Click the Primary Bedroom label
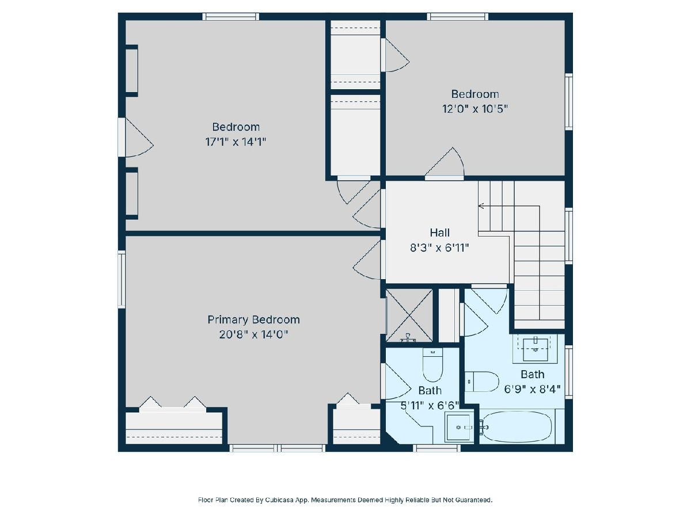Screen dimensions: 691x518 (x=253, y=319)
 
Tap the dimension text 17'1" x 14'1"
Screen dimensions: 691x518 (x=236, y=142)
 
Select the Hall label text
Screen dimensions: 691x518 (x=440, y=233)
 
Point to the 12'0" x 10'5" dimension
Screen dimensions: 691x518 (x=475, y=109)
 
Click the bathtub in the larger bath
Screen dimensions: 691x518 (x=517, y=427)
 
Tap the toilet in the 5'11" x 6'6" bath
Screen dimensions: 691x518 (x=432, y=365)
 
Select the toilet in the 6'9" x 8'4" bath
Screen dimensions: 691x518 (x=481, y=381)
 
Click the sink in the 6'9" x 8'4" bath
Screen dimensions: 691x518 (x=535, y=348)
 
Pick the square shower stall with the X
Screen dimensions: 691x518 (x=409, y=315)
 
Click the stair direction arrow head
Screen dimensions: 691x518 (x=480, y=206)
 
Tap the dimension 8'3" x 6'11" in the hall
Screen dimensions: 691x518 (x=439, y=248)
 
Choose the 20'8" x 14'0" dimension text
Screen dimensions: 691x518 (x=253, y=334)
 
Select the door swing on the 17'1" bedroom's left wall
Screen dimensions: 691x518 (x=139, y=138)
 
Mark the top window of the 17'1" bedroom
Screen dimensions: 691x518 (x=231, y=16)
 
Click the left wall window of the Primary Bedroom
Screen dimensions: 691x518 (x=122, y=279)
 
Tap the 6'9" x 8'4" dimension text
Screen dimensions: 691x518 (x=532, y=390)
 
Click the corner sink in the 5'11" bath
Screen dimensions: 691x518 (x=459, y=428)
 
